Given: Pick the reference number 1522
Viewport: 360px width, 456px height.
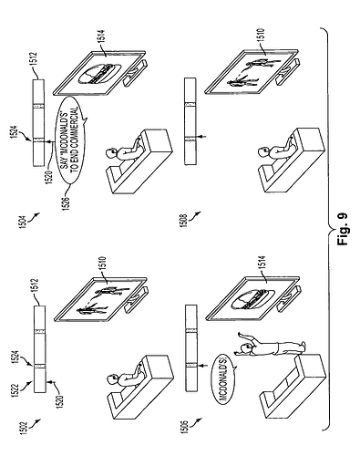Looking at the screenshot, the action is coord(24,391).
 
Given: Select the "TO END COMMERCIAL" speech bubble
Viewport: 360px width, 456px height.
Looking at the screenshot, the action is coord(72,140).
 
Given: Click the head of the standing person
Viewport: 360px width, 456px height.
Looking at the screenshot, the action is coord(245,348).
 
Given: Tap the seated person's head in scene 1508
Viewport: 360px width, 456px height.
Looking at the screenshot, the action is coord(263,151).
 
